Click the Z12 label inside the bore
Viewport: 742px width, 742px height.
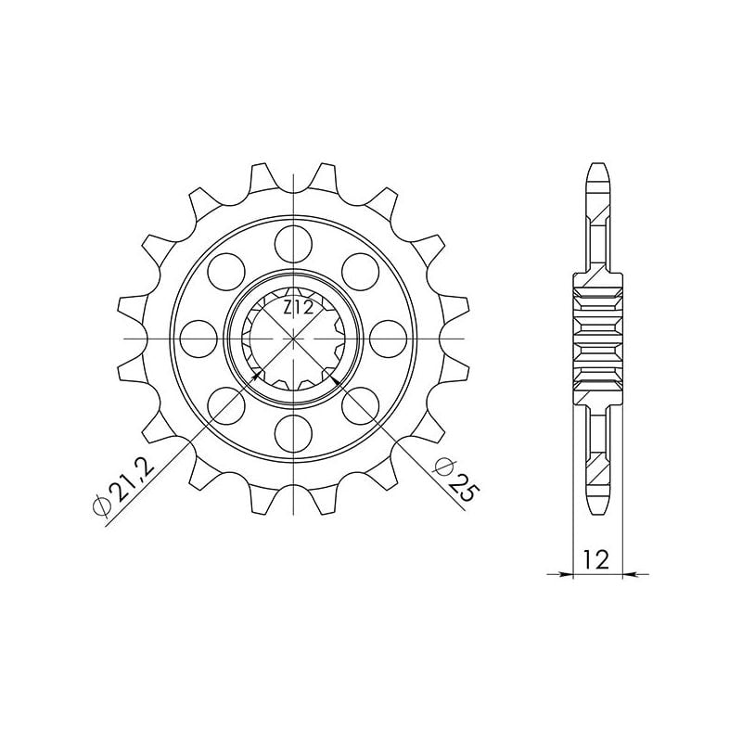pos(298,309)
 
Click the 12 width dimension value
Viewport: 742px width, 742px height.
pos(596,560)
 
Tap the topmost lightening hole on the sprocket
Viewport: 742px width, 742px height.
pos(293,244)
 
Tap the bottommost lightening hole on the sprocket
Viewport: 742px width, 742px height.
pos(293,433)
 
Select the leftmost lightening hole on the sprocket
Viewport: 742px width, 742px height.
pos(198,339)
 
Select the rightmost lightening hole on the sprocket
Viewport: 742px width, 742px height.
pos(388,339)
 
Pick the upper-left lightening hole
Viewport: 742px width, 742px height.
pos(226,272)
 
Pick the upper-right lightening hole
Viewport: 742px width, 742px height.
pos(360,272)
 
